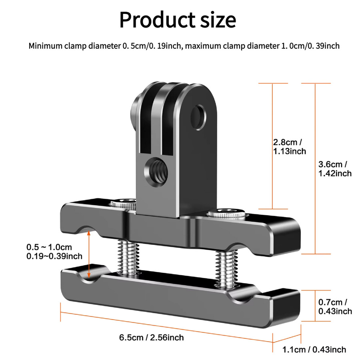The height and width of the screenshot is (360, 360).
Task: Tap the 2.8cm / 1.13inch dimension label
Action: point(290,147)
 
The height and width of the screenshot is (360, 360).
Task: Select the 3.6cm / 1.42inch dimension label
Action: point(335,169)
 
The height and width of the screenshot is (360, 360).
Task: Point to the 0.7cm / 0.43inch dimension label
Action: point(335,306)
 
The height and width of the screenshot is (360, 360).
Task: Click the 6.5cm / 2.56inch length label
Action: point(152,338)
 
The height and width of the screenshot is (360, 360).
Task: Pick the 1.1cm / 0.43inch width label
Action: point(314,350)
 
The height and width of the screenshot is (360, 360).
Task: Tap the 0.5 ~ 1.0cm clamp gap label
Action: point(49,247)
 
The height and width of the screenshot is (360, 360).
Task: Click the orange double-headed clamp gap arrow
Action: point(89,255)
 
